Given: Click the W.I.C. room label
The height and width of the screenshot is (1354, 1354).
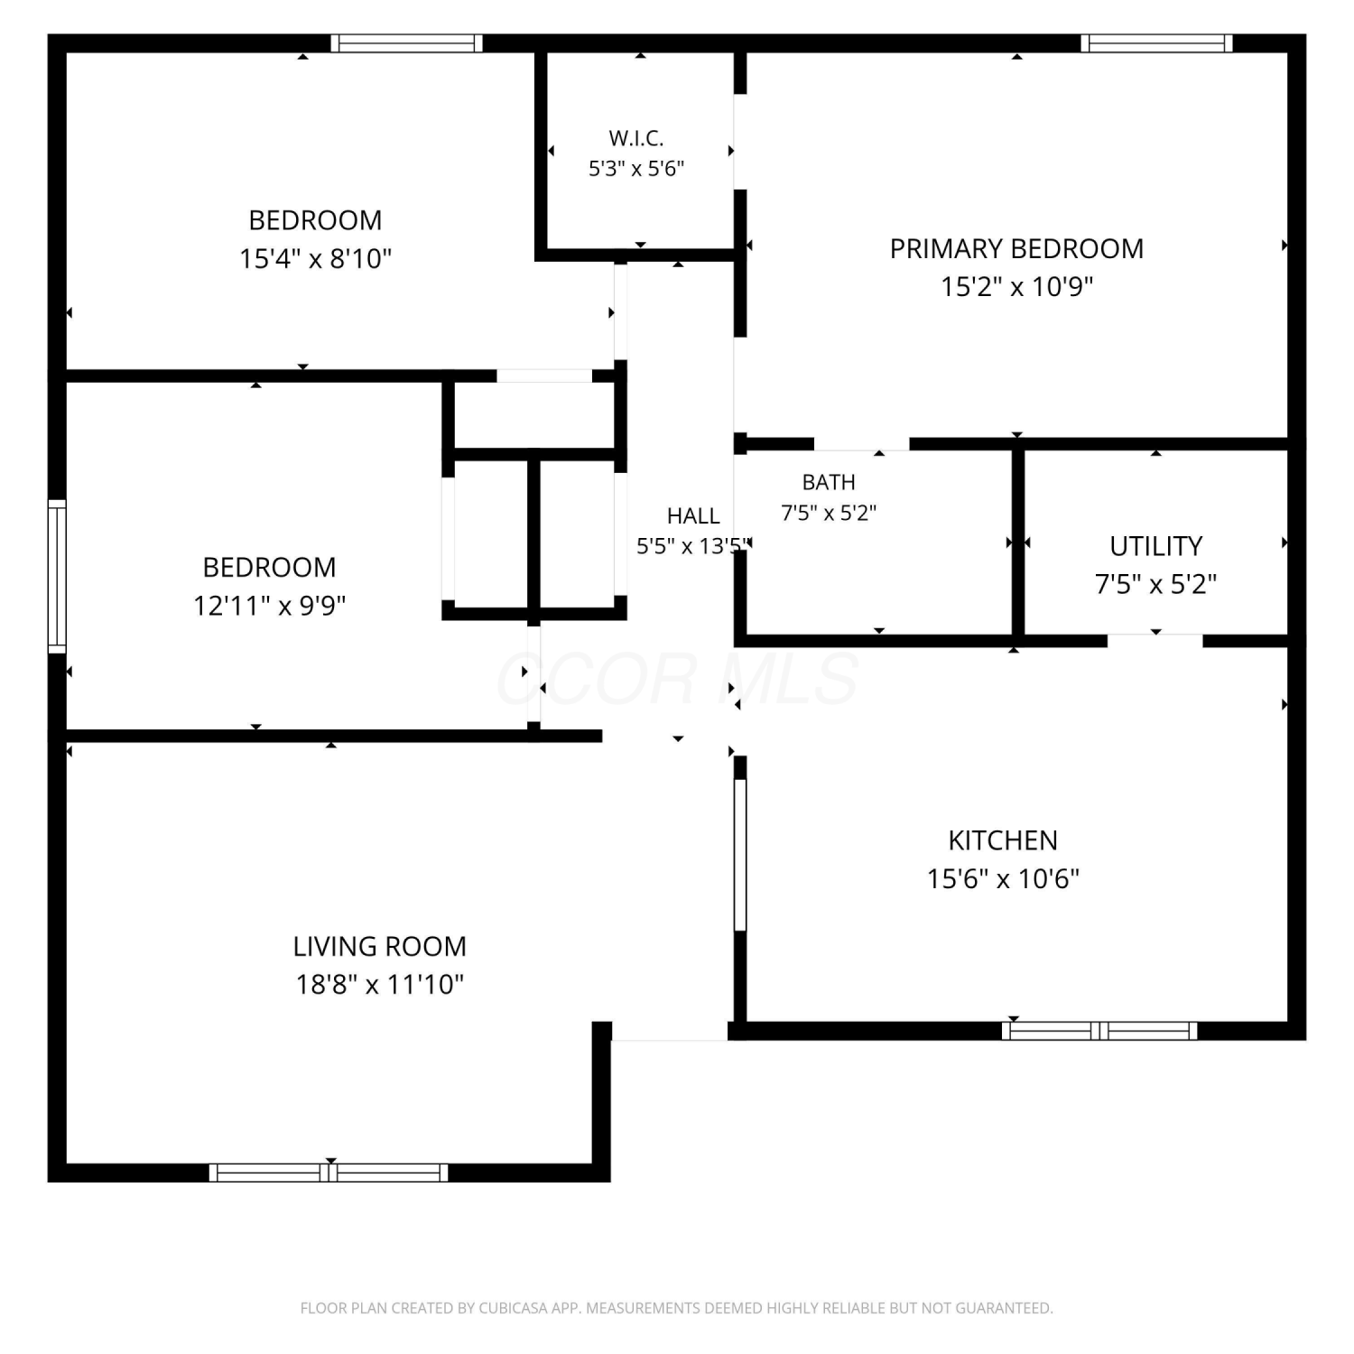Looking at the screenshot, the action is tap(636, 138).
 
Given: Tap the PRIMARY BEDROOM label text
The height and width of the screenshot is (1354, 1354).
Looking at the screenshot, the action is tap(1016, 248).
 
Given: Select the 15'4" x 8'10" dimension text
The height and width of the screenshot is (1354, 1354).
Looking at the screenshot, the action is tap(315, 259).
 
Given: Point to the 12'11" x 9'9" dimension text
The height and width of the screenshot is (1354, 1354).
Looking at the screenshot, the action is tap(270, 605).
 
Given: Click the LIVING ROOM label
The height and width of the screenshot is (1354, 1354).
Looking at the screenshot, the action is tap(379, 946).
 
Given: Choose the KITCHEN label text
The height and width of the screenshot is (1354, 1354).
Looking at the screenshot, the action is tap(1003, 840).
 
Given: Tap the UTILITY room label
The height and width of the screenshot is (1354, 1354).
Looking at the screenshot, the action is tap(1156, 546).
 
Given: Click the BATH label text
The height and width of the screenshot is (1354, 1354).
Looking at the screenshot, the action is tap(829, 482).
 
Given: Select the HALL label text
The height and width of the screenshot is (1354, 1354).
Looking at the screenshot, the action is tap(693, 515).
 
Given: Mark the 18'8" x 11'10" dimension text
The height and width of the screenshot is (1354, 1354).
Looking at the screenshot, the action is tap(380, 984).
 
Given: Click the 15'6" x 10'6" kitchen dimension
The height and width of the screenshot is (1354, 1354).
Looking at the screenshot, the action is tap(1003, 878).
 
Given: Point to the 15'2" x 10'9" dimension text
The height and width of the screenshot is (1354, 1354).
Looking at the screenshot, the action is tap(1017, 287).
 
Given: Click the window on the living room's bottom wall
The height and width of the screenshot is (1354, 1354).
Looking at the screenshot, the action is tap(329, 1173).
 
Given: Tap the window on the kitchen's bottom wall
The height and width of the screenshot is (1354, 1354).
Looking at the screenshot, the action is tap(1099, 1031).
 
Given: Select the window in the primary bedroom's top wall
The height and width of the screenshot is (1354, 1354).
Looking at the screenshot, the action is tap(1157, 43).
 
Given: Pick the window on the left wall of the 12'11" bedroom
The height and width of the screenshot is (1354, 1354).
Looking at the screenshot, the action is tap(57, 576).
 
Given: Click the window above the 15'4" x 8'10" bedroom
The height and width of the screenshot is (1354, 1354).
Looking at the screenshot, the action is tap(407, 43).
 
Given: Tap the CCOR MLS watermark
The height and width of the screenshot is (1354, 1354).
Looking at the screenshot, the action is tap(677, 679).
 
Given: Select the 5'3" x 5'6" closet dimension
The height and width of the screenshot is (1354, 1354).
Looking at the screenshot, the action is tap(636, 169).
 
